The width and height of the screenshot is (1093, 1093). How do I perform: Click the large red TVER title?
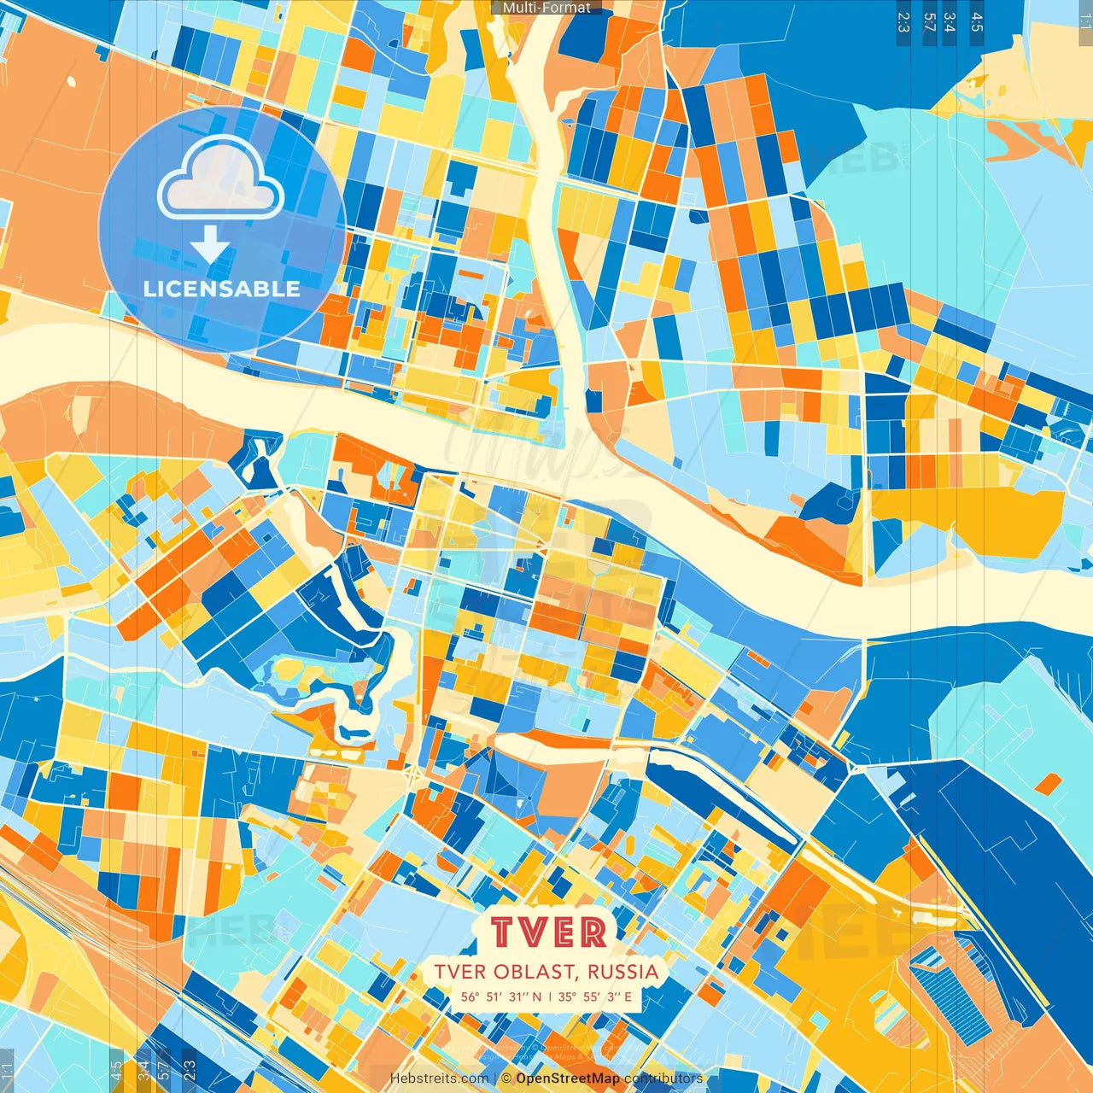[x=549, y=932]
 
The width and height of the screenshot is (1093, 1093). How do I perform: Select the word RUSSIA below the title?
[x=623, y=972]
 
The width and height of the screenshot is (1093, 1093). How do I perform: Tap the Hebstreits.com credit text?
[x=439, y=1078]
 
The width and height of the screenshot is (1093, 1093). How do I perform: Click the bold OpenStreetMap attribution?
[x=568, y=1078]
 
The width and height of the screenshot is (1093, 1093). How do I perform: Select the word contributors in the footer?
[x=663, y=1078]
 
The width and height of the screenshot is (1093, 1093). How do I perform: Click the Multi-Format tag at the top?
[x=546, y=8]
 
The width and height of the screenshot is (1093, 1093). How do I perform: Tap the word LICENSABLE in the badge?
[x=222, y=289]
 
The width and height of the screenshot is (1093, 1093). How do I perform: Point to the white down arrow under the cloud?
[x=210, y=246]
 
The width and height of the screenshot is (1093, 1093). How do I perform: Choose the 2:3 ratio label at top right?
[x=903, y=22]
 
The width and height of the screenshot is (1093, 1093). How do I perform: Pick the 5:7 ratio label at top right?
[x=929, y=22]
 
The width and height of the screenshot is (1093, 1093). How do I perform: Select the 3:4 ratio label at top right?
[x=950, y=22]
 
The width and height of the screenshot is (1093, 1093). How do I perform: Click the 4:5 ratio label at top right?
[x=977, y=22]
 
